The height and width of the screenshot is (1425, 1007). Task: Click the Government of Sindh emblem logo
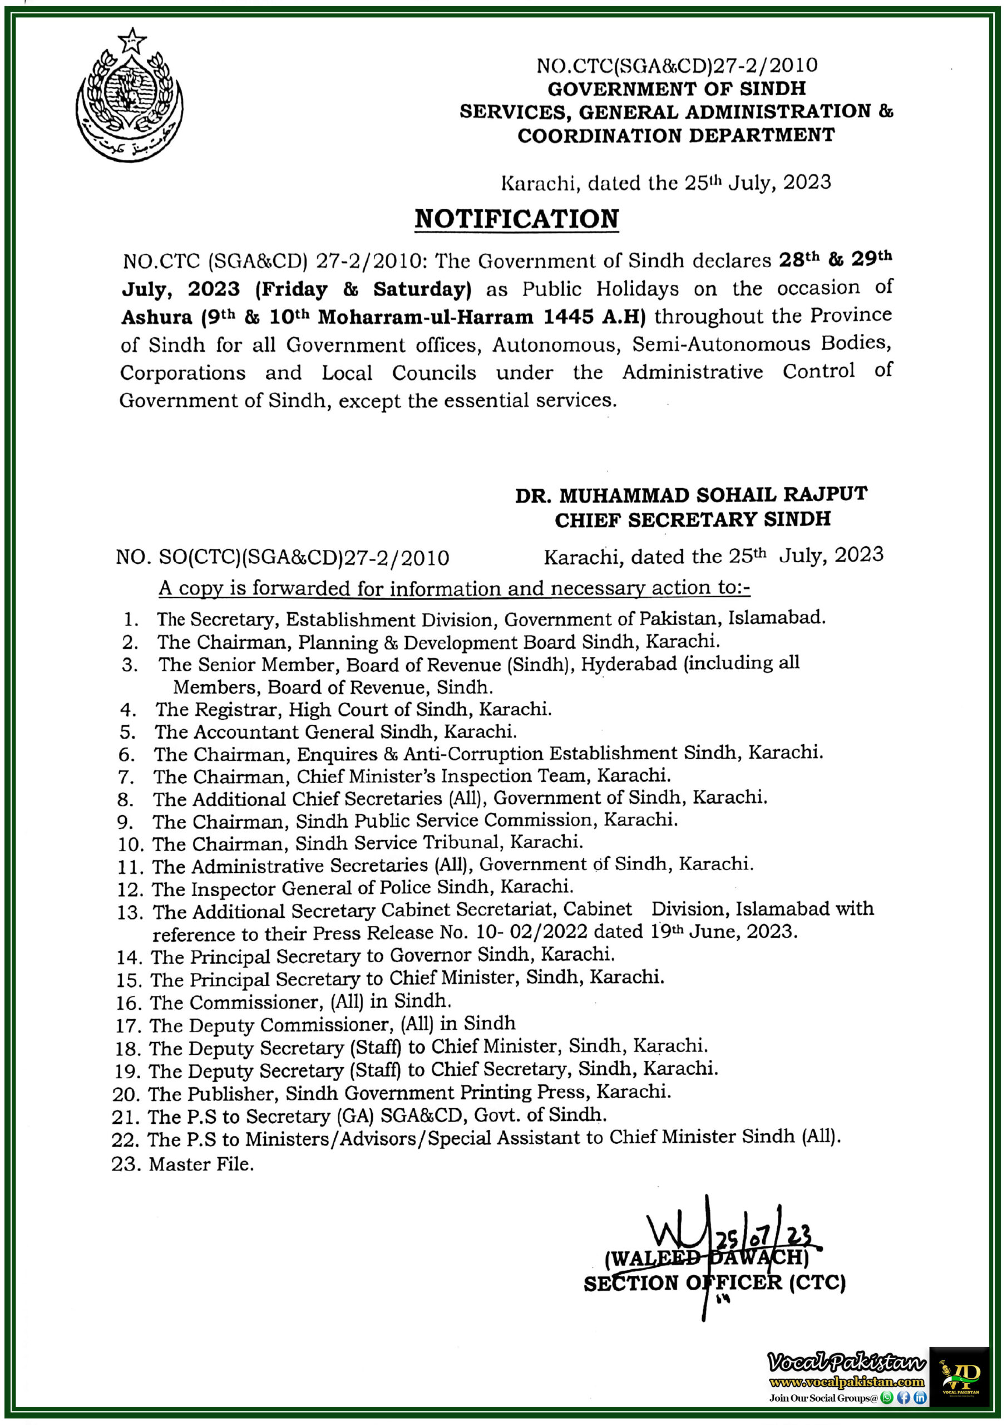[x=130, y=96]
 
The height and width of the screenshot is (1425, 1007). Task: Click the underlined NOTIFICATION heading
[x=516, y=219]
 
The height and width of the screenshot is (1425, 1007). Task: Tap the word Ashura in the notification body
[x=157, y=317]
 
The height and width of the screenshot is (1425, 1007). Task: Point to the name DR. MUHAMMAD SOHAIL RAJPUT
[x=690, y=495]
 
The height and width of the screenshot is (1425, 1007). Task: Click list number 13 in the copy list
[x=130, y=912]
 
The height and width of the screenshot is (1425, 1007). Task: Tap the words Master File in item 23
[x=201, y=1164]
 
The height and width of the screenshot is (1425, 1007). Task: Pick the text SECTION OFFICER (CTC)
[x=714, y=1282]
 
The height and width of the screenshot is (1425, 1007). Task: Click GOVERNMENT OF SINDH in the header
[x=677, y=89]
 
